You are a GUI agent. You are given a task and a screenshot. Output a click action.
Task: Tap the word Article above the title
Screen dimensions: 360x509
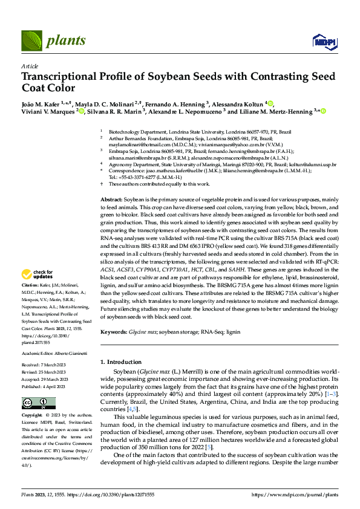click(x=29, y=66)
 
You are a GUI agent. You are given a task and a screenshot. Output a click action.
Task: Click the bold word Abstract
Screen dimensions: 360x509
click(x=111, y=199)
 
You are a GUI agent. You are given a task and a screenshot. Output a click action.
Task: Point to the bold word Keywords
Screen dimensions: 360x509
click(x=113, y=332)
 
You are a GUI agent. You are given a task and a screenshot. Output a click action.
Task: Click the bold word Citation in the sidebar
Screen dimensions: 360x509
click(x=30, y=284)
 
